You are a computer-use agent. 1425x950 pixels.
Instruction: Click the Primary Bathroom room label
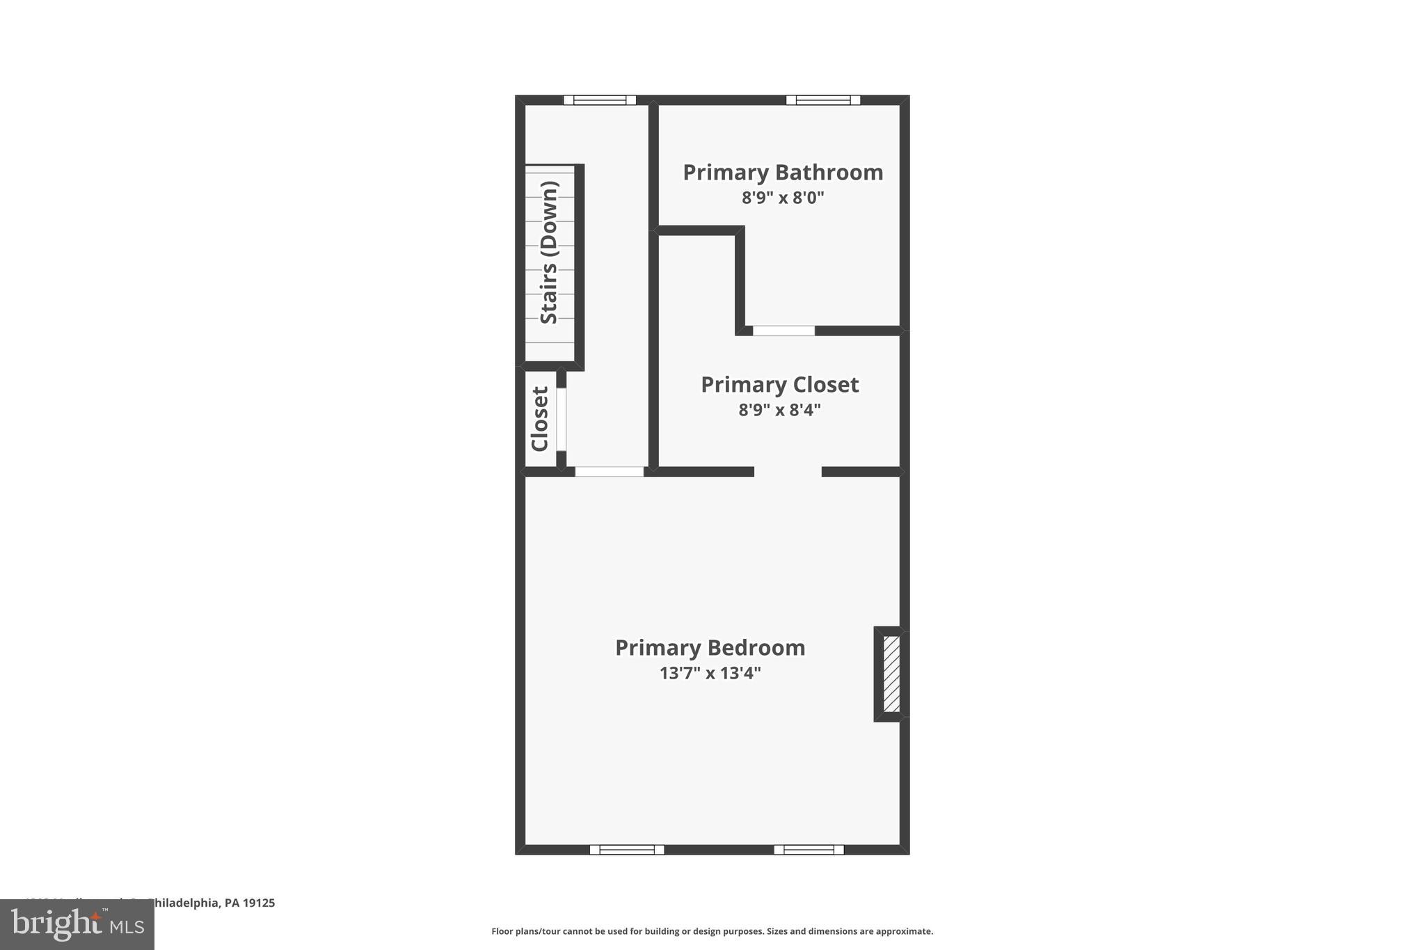(x=783, y=173)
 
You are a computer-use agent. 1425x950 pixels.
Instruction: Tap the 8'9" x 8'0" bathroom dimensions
(x=783, y=198)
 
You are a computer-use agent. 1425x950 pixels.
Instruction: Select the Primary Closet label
(x=779, y=385)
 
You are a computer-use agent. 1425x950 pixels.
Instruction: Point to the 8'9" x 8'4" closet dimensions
(x=779, y=410)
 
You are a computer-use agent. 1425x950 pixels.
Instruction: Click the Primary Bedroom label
(x=710, y=648)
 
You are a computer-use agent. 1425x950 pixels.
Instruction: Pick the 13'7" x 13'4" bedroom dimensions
(x=710, y=673)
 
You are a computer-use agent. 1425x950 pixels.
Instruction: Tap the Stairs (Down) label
(x=550, y=253)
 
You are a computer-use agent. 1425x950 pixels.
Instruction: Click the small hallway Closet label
(x=541, y=419)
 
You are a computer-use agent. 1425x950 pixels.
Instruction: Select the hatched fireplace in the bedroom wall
(x=891, y=674)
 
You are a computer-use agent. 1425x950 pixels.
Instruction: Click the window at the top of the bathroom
(x=823, y=100)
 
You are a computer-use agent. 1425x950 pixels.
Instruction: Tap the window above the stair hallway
(x=599, y=100)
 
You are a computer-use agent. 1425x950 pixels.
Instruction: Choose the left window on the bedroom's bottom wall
(x=627, y=849)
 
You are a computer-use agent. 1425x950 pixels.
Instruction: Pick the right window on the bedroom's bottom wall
(x=809, y=849)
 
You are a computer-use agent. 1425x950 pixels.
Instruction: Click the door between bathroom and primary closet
(x=783, y=331)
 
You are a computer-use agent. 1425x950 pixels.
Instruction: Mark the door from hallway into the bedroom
(x=609, y=472)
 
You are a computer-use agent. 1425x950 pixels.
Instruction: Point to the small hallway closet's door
(x=561, y=419)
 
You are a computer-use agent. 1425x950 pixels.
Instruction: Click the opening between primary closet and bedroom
(x=788, y=472)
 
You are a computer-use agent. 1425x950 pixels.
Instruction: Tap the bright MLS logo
(x=77, y=924)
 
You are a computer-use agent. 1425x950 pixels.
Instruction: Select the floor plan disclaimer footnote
(x=712, y=931)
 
